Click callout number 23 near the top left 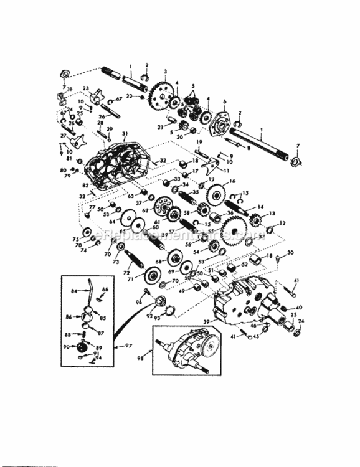(x=86, y=88)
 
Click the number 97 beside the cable (x=128, y=345)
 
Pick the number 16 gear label (x=232, y=181)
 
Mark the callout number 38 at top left (x=68, y=89)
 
